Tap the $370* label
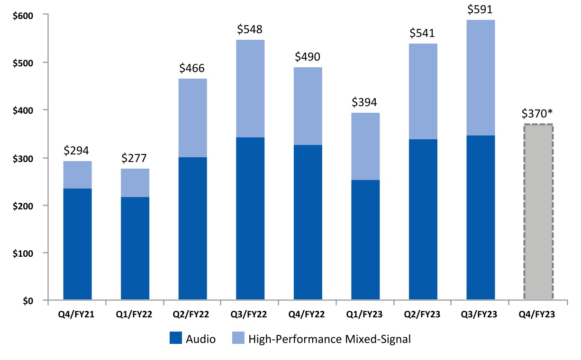click(x=538, y=114)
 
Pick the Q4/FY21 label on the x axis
click(x=77, y=314)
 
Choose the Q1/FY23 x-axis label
click(x=365, y=314)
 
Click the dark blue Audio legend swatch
click(x=176, y=339)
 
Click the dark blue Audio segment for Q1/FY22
click(x=135, y=249)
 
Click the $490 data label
click(x=308, y=57)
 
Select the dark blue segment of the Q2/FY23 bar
click(x=423, y=220)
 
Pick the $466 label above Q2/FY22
click(x=192, y=68)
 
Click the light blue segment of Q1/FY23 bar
click(x=365, y=146)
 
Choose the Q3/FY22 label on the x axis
click(x=250, y=314)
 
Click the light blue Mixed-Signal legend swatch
click(x=238, y=339)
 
